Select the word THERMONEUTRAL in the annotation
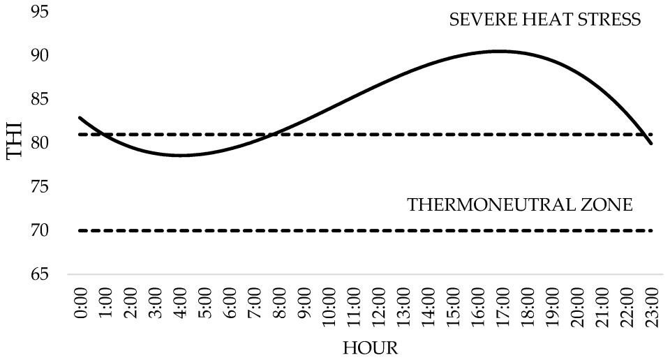click(491, 206)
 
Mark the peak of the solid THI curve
click(499, 51)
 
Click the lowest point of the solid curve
click(180, 155)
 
